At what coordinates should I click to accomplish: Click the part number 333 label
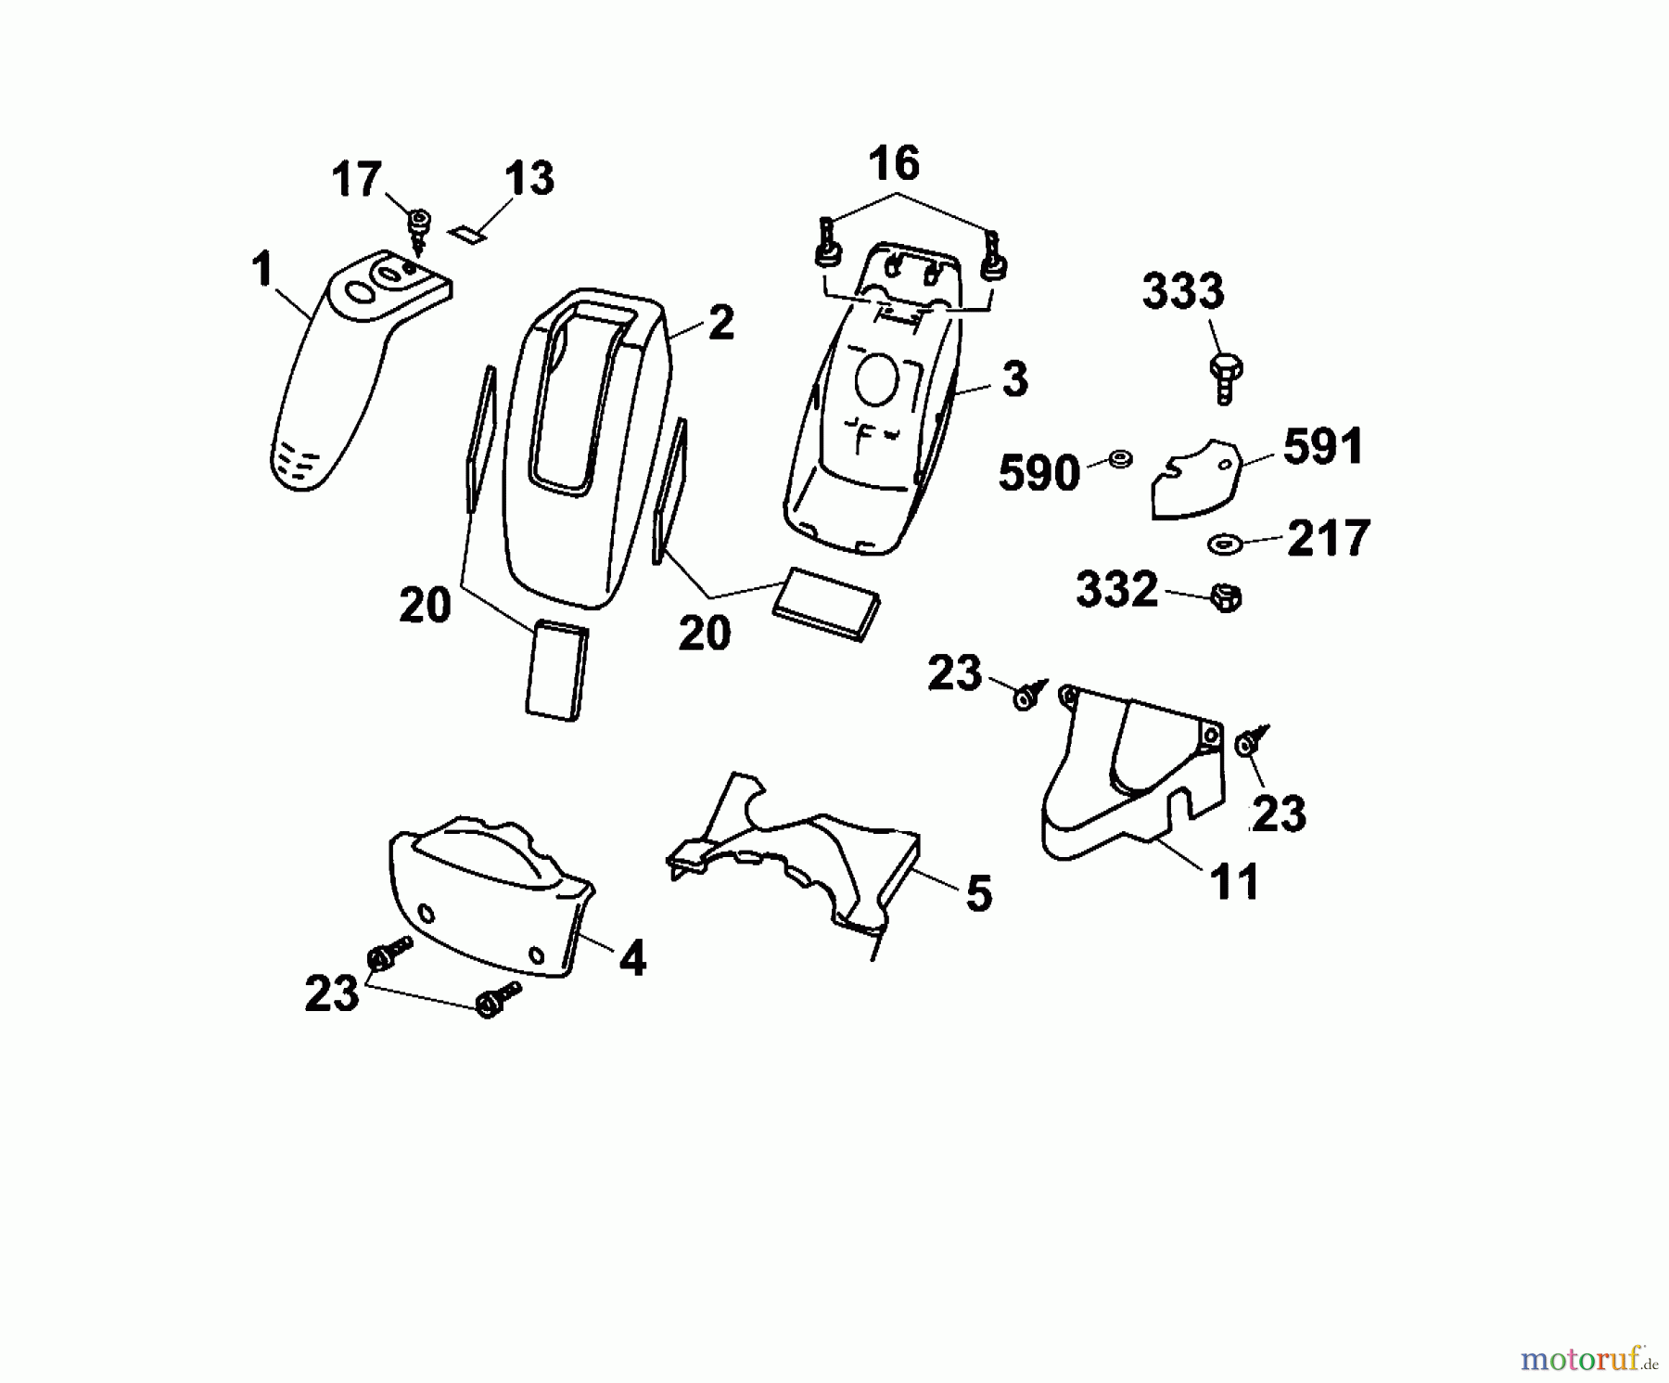coord(1183,291)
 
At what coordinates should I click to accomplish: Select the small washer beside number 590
coord(1120,458)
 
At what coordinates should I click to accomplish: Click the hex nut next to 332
coord(1226,599)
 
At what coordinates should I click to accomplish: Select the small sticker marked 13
coord(467,234)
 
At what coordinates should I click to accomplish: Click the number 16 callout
coord(894,164)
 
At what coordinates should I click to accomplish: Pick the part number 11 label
coord(1235,881)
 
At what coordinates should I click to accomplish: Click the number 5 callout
coord(978,894)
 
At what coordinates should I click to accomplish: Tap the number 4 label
coord(632,958)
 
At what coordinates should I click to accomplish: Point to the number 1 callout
coord(262,270)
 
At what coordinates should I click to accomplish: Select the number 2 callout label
coord(720,323)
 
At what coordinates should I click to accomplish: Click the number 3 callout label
coord(1015,380)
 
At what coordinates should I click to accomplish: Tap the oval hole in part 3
coord(876,381)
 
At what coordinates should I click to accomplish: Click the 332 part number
coord(1116,589)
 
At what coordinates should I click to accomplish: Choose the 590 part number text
coord(1039,474)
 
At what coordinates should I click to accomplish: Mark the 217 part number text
coord(1329,539)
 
